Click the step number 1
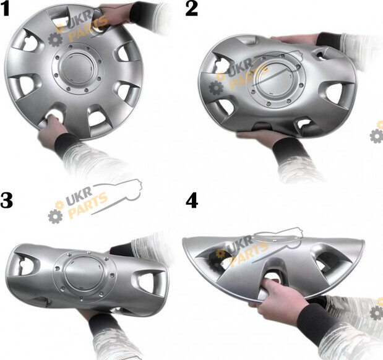click(x=5, y=9)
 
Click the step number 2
click(x=192, y=9)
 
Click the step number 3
click(x=6, y=200)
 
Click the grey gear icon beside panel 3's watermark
click(x=55, y=216)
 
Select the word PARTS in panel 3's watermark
click(x=87, y=205)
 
